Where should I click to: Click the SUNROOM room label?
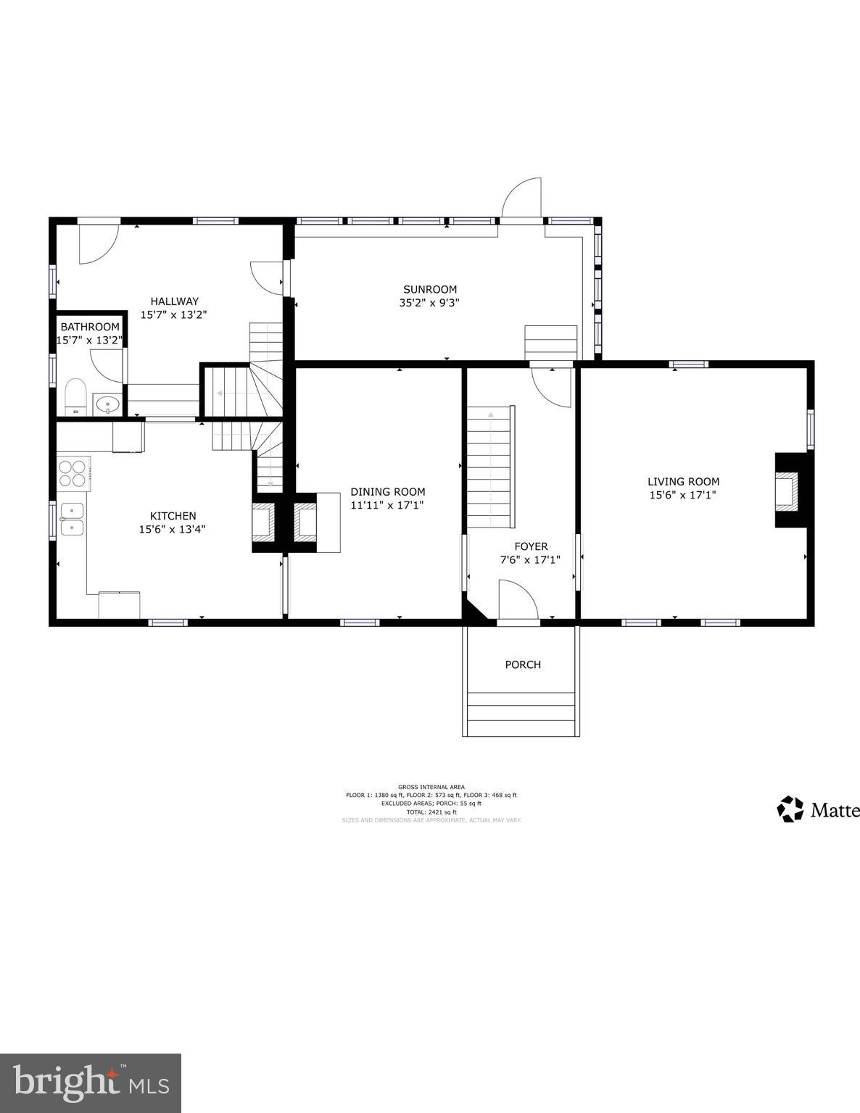click(x=430, y=290)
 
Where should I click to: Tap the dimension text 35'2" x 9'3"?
click(x=430, y=303)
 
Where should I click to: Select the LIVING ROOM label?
click(x=683, y=481)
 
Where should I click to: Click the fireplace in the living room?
click(x=786, y=490)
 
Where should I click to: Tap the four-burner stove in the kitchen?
click(x=73, y=473)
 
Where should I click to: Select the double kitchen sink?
click(x=72, y=519)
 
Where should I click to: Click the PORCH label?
click(x=523, y=664)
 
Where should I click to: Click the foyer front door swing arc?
click(x=518, y=599)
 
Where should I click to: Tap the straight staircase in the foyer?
click(x=491, y=467)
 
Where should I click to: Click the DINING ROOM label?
click(x=388, y=491)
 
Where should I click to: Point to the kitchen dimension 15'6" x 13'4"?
click(x=173, y=529)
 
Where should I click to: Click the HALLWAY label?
click(x=174, y=301)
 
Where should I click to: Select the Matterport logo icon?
click(x=790, y=809)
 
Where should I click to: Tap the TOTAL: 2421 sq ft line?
click(x=431, y=812)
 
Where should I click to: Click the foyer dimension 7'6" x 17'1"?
click(x=530, y=559)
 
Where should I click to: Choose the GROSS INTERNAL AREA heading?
click(x=431, y=787)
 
